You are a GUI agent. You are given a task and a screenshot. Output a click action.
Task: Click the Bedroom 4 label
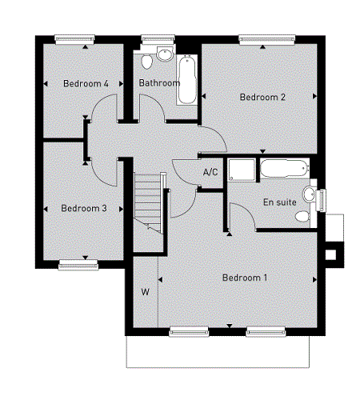click(86, 83)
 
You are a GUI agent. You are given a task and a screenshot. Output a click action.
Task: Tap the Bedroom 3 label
click(84, 208)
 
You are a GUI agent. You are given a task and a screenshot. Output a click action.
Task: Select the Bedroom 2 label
click(262, 97)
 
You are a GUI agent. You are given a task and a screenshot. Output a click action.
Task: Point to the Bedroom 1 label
click(245, 278)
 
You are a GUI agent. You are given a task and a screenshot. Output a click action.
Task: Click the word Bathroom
click(159, 83)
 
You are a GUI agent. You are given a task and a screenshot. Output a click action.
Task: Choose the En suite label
click(280, 202)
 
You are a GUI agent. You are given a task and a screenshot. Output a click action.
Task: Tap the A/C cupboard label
click(210, 172)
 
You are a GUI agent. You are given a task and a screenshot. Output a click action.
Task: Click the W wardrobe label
click(145, 292)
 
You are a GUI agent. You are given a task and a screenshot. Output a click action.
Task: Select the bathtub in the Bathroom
click(187, 80)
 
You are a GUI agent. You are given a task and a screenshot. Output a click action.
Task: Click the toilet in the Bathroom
click(146, 62)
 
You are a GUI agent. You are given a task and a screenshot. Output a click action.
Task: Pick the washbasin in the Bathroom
click(165, 54)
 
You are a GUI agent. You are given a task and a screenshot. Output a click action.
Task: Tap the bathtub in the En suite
click(285, 168)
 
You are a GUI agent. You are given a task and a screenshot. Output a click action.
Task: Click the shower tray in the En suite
click(242, 170)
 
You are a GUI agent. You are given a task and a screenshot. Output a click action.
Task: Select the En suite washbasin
click(310, 194)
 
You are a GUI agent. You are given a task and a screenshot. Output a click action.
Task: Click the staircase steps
click(147, 203)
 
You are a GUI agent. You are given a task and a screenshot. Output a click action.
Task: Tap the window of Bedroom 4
click(74, 40)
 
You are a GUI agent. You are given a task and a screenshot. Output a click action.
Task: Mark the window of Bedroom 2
click(267, 40)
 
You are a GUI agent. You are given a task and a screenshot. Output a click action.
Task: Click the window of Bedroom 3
click(78, 265)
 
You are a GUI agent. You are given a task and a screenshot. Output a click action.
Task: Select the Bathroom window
click(158, 40)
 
